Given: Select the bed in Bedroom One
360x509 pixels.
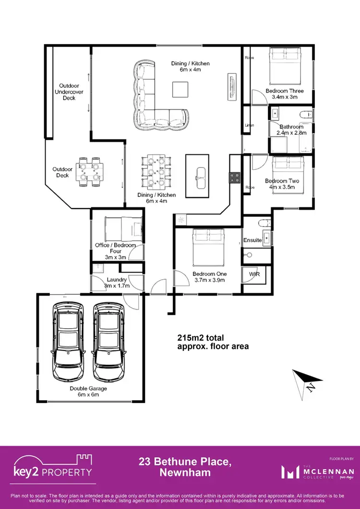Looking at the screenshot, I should pyautogui.click(x=209, y=246).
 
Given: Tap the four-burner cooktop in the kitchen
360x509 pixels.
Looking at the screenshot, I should pyautogui.click(x=235, y=178).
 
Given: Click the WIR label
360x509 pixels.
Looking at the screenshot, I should pyautogui.click(x=254, y=274).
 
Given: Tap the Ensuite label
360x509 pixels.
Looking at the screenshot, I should pyautogui.click(x=252, y=240).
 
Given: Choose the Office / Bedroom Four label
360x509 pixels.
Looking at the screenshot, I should pyautogui.click(x=116, y=248).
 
